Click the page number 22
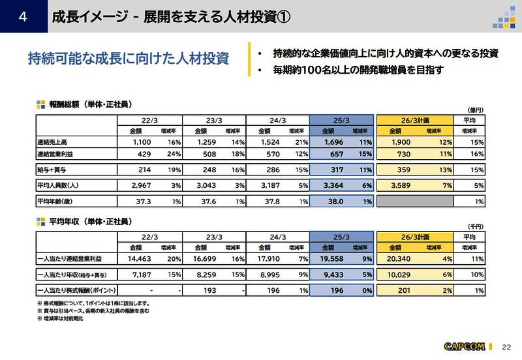coord(508,346)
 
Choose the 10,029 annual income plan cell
coord(399,275)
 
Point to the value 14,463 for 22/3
coord(138,258)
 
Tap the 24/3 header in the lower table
coord(277,236)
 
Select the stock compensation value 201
coord(403,291)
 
